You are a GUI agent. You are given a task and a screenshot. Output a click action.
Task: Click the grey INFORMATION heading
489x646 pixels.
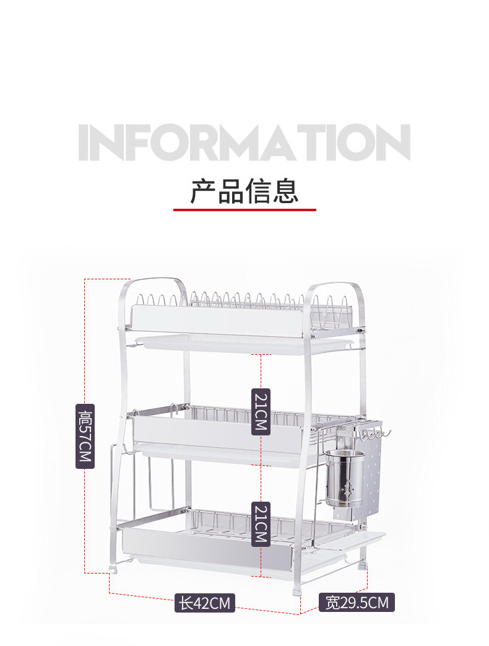pyautogui.click(x=244, y=143)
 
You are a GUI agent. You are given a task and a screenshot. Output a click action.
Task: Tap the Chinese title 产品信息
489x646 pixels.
pyautogui.click(x=244, y=190)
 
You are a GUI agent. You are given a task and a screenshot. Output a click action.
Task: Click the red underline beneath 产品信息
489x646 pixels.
pyautogui.click(x=244, y=210)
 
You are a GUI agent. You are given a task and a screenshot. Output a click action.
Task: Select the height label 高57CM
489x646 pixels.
pyautogui.click(x=85, y=436)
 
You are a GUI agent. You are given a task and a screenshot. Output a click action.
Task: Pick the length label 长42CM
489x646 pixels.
pyautogui.click(x=205, y=603)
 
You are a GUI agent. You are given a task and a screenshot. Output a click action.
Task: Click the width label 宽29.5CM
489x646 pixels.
pyautogui.click(x=357, y=601)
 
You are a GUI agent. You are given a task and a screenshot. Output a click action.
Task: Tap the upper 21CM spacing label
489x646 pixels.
pyautogui.click(x=260, y=411)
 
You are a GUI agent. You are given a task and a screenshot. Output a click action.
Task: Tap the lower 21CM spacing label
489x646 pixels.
pyautogui.click(x=260, y=524)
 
